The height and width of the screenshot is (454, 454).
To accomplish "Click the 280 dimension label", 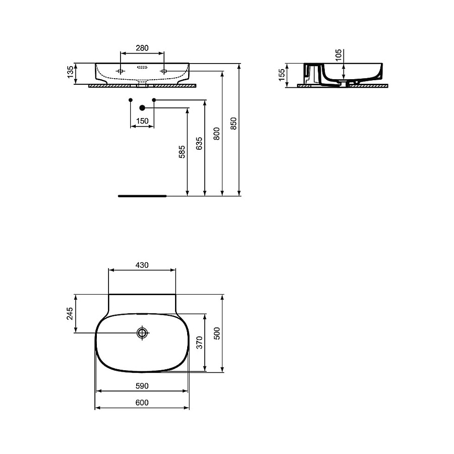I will [142, 48].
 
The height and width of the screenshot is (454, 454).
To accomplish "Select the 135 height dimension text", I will [71, 74].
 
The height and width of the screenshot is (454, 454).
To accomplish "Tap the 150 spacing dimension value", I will [142, 121].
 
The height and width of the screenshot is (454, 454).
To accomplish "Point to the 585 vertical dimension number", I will [182, 152].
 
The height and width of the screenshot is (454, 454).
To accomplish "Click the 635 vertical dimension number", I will [199, 143].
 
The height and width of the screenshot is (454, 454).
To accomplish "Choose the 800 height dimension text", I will [216, 133].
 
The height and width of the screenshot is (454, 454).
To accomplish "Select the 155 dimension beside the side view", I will [282, 75].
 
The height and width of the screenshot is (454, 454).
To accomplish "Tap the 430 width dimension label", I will [142, 265].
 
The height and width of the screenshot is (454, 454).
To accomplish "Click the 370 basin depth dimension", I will [199, 343].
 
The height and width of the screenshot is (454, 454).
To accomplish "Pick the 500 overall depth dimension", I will [217, 333].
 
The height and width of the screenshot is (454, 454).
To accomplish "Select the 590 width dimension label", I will [142, 386].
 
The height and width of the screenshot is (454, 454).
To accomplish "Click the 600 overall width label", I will [142, 403].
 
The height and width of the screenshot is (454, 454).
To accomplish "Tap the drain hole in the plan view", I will [142, 332].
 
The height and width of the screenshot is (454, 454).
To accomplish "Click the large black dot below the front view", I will [142, 107].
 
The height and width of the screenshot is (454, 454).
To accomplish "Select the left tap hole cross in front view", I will [121, 71].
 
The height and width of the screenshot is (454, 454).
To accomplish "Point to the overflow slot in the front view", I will [142, 66].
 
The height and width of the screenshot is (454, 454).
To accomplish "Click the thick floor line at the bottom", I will [142, 195].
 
